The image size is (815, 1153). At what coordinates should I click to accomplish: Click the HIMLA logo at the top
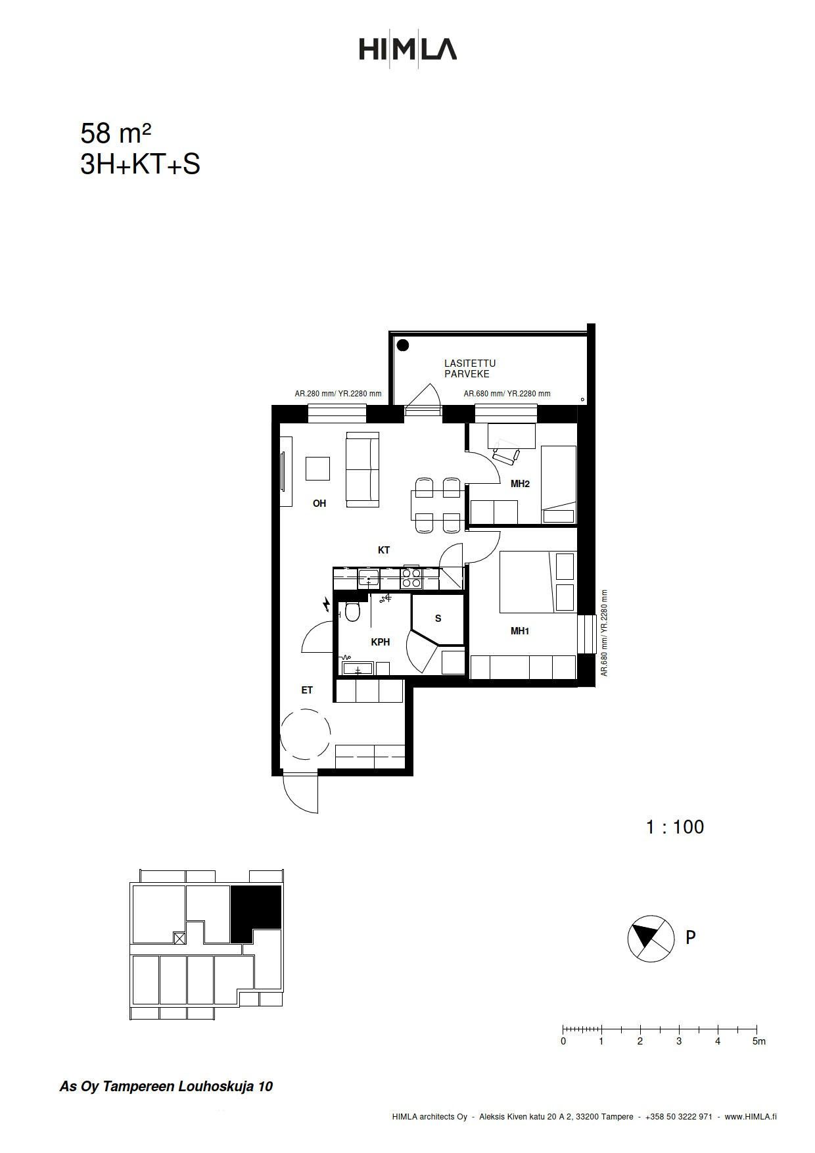point(407,49)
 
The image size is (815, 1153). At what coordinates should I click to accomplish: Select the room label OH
point(319,504)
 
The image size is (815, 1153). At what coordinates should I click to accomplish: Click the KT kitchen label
point(384,550)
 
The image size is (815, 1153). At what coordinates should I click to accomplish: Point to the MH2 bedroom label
point(520,484)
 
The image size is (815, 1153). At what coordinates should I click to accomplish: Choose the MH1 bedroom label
point(520,631)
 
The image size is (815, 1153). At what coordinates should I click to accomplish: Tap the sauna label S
point(438,619)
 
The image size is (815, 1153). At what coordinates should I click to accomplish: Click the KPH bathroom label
point(381,642)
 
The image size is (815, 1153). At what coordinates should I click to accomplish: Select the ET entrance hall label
point(307,690)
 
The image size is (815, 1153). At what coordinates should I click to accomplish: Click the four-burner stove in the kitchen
point(411,578)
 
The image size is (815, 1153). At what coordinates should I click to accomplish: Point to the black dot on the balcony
point(403,345)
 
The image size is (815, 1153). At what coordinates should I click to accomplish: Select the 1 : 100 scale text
point(675,827)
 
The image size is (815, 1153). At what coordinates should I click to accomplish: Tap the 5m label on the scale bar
point(758,1041)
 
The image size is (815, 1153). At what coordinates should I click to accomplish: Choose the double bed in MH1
point(538,582)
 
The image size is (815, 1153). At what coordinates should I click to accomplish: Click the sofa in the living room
point(363,469)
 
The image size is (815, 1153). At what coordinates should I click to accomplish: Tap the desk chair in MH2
point(506,455)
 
